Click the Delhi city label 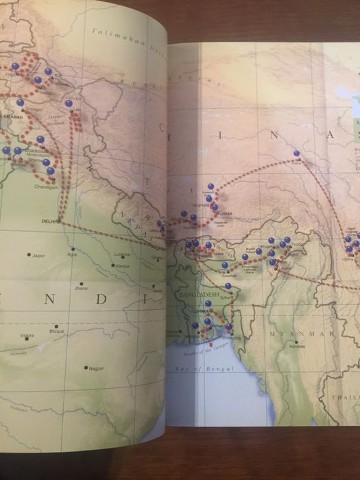pyautogui.click(x=47, y=221)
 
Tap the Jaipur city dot pyautogui.click(x=29, y=254)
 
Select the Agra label pyautogui.click(x=73, y=254)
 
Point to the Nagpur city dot pyautogui.click(x=86, y=368)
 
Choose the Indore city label pyautogui.click(x=27, y=335)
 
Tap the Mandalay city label pyautogui.click(x=296, y=346)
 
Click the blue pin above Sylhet pyautogui.click(x=228, y=286)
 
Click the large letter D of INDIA pyautogui.click(x=101, y=300)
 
